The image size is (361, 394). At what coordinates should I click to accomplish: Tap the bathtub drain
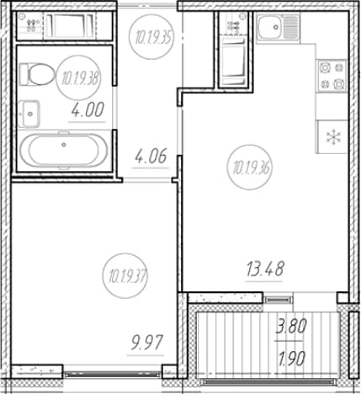click(x=64, y=145)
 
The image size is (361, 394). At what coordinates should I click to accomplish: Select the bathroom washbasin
click(x=29, y=114)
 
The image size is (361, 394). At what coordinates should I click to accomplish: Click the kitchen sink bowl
click(x=270, y=27)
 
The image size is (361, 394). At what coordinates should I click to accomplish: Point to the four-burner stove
click(x=332, y=76)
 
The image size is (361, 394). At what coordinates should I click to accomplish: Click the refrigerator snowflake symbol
click(x=333, y=137)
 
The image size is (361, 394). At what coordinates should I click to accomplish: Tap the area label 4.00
click(x=88, y=109)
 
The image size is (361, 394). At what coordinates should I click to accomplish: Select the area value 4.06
click(x=151, y=156)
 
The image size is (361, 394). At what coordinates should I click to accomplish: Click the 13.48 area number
click(x=265, y=269)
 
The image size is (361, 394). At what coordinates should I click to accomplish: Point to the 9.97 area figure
click(x=146, y=343)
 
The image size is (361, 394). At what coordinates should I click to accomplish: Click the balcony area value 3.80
click(x=291, y=327)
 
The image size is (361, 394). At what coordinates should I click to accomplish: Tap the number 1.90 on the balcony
click(x=291, y=359)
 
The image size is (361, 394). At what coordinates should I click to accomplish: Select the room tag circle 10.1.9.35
click(x=151, y=37)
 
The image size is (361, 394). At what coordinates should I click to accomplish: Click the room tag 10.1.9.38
click(x=79, y=77)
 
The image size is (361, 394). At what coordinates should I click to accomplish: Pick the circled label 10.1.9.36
click(x=249, y=168)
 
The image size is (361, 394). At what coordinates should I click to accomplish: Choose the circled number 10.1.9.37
click(x=125, y=276)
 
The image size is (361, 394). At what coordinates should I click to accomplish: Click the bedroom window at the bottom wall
click(x=113, y=374)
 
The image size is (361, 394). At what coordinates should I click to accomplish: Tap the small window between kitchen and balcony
click(x=279, y=300)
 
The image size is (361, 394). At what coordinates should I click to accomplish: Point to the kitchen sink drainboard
click(x=291, y=27)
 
